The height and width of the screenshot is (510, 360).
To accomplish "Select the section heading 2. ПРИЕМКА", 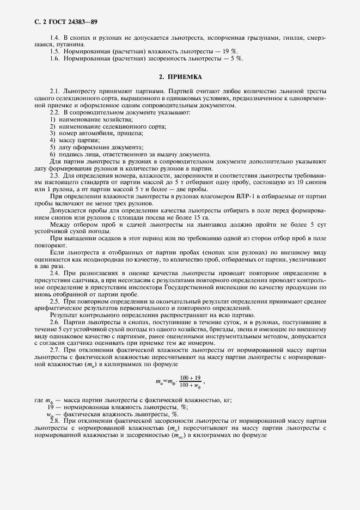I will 180,77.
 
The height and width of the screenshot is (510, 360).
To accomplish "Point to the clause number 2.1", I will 55,91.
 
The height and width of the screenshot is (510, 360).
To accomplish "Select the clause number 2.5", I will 55,301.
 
